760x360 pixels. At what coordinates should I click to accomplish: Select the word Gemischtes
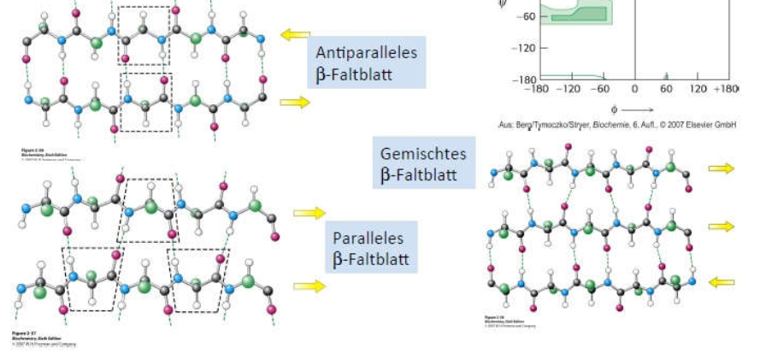(x=423, y=155)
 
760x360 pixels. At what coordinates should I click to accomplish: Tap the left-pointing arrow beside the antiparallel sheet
(x=296, y=35)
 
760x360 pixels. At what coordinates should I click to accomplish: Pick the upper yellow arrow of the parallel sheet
(x=309, y=213)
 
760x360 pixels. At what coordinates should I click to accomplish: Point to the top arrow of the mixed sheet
(x=721, y=168)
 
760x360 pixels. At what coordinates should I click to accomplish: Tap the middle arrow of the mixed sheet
(x=721, y=226)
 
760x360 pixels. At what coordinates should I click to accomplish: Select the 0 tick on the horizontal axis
(x=634, y=88)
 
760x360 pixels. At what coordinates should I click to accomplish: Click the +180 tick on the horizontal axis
(x=727, y=88)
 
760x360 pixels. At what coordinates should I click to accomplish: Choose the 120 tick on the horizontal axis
(x=698, y=88)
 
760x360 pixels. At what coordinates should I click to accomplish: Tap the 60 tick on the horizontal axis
(x=666, y=88)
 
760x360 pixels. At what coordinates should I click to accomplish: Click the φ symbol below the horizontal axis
(x=614, y=109)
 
